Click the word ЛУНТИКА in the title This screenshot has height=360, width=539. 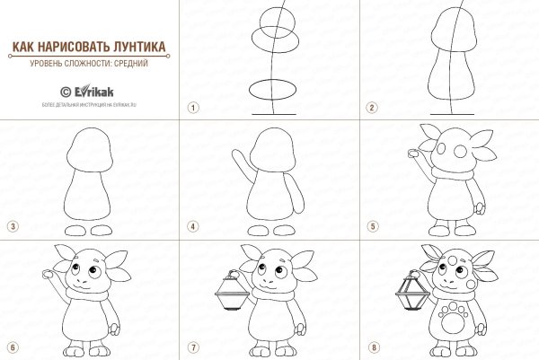[x=143, y=46]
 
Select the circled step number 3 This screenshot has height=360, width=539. [x=13, y=226]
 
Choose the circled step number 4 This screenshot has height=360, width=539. [x=191, y=226]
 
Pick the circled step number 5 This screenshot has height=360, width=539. [x=370, y=226]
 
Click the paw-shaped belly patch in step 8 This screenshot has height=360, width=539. [x=453, y=320]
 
